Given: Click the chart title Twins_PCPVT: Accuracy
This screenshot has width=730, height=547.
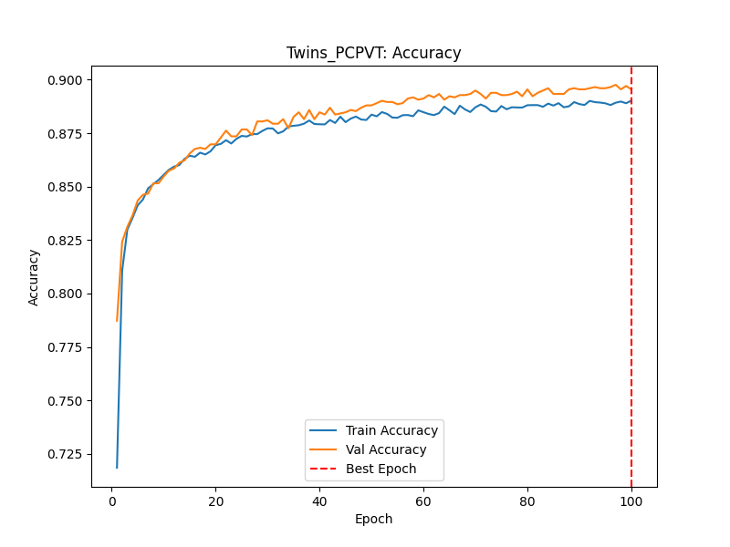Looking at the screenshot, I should [x=373, y=53].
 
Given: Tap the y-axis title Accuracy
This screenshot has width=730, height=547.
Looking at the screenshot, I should [x=34, y=277].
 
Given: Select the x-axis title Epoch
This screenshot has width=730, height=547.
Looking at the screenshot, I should [x=373, y=520].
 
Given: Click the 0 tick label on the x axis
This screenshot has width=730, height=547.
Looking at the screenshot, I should [x=111, y=500].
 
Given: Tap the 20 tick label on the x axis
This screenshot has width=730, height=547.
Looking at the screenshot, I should [x=215, y=500].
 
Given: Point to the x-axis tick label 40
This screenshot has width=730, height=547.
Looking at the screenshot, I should [x=319, y=500].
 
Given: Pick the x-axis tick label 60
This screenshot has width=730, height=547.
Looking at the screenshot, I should [x=423, y=500].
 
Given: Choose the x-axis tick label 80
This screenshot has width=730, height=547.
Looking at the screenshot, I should [x=527, y=500].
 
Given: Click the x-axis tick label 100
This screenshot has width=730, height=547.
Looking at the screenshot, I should [x=631, y=500].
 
